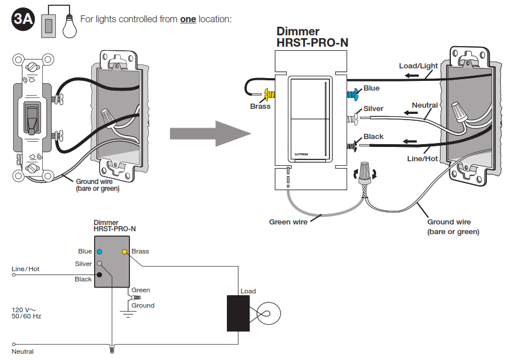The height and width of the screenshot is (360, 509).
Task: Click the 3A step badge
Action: tap(23, 19)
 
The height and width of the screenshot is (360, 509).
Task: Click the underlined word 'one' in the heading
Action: tap(188, 19)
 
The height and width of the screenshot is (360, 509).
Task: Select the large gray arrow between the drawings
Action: tap(210, 133)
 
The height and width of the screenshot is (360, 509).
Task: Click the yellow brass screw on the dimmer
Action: tap(270, 94)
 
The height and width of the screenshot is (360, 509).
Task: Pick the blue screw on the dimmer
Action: tap(352, 94)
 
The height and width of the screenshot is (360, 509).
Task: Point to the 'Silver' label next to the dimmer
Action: tap(373, 109)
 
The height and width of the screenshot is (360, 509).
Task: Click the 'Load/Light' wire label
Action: tap(418, 66)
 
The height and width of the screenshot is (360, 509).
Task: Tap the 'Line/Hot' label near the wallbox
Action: tap(422, 158)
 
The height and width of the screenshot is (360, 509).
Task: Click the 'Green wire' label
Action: tap(288, 222)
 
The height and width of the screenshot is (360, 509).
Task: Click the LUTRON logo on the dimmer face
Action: tap(302, 154)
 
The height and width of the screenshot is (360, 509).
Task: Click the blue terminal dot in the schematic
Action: tap(100, 252)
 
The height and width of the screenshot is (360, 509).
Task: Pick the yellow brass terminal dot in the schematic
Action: tap(124, 252)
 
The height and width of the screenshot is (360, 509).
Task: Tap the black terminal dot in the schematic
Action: tap(100, 275)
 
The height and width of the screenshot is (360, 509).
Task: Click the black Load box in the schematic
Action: tap(238, 313)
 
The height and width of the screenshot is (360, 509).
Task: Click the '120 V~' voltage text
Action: tap(24, 310)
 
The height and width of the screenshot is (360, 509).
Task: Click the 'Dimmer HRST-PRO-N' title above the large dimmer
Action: tap(312, 37)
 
